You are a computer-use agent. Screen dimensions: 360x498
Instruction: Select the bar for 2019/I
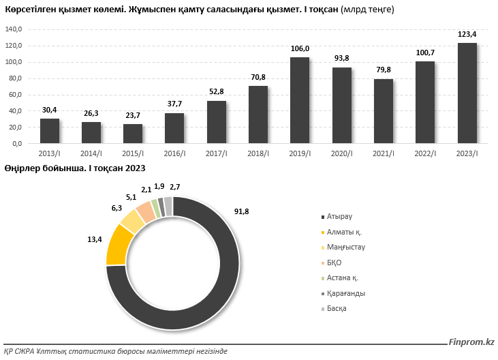[300, 100]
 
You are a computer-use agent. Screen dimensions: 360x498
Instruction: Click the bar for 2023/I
[467, 93]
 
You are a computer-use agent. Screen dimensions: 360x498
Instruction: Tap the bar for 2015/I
[133, 134]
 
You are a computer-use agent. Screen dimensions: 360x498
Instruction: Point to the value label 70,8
[258, 78]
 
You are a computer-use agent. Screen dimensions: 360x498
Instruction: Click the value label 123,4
[467, 34]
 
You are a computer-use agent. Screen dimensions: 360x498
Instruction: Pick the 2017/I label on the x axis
[217, 153]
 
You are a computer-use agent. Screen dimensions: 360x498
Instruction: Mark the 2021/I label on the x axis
[384, 153]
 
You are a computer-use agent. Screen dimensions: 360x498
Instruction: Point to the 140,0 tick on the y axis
[14, 29]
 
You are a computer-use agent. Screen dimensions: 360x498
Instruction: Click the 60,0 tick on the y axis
[15, 95]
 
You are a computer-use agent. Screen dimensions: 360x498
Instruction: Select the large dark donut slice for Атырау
[204, 300]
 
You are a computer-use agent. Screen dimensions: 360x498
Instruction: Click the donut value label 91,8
[241, 212]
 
